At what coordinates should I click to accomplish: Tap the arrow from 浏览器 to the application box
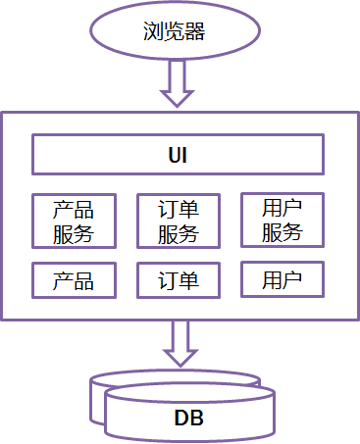point(179,83)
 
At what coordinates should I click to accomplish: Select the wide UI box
point(178,155)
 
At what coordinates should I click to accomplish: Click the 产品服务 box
point(74,221)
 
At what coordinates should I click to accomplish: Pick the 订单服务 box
point(178,221)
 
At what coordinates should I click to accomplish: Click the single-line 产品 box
point(74,280)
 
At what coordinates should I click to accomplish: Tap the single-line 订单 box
point(178,280)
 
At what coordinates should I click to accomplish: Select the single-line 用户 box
point(283,280)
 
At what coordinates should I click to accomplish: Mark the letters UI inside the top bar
point(178,155)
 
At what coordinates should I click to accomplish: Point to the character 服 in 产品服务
point(63,233)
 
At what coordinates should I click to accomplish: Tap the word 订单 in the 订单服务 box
point(178,209)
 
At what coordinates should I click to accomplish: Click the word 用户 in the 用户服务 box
point(283,208)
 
